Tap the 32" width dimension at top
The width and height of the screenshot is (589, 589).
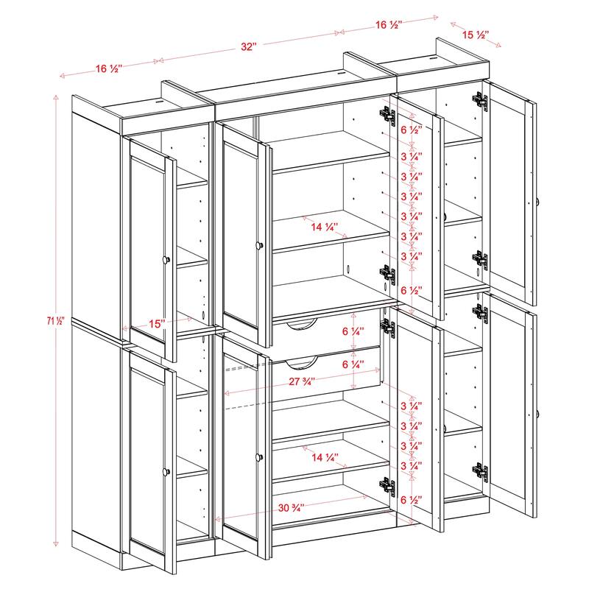pos(248,46)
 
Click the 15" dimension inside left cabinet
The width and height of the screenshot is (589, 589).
pos(155,322)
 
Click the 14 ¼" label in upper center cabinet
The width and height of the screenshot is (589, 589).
pos(325,228)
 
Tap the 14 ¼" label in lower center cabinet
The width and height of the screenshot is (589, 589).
pos(325,457)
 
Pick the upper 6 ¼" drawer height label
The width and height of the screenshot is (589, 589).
pos(351,332)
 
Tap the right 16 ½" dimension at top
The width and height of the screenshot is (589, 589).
pos(388,25)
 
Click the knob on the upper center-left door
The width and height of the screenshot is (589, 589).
pos(258,244)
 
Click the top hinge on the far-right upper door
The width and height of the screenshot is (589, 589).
pos(480,101)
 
